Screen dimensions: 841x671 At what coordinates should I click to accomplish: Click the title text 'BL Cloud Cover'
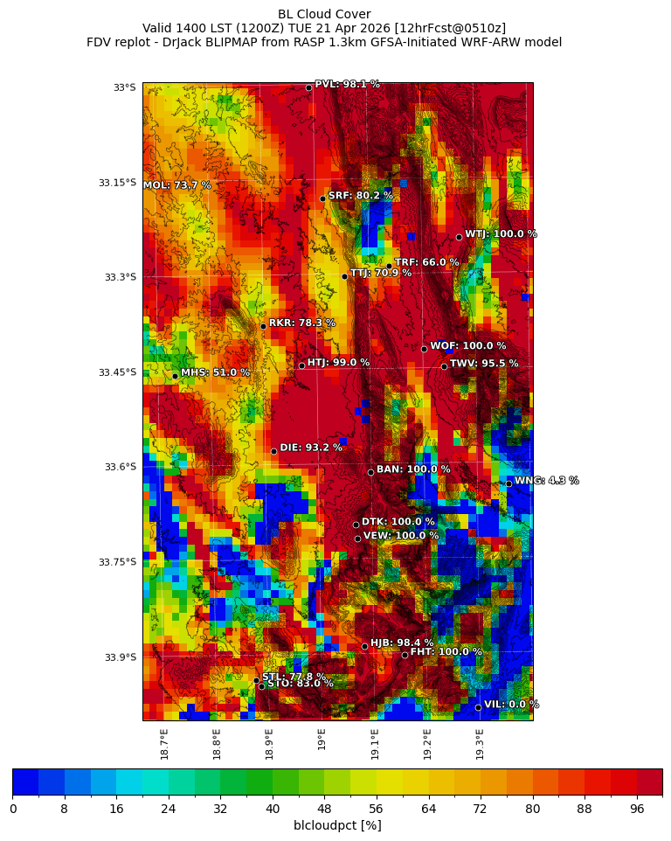click(x=324, y=14)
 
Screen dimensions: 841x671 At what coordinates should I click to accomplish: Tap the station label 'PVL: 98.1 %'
click(x=347, y=85)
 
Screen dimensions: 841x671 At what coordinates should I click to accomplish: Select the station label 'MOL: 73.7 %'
click(x=176, y=185)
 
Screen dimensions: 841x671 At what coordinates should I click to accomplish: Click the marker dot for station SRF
click(x=322, y=198)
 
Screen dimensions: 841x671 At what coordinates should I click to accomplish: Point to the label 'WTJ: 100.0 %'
click(x=501, y=234)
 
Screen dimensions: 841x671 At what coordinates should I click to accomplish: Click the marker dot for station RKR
click(x=263, y=326)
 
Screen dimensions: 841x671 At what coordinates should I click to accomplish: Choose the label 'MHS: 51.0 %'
click(x=215, y=372)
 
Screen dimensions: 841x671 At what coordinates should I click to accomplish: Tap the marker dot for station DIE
click(x=273, y=451)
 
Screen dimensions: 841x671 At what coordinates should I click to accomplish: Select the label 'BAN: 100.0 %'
click(x=413, y=469)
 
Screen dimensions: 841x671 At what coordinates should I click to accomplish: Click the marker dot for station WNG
click(x=508, y=483)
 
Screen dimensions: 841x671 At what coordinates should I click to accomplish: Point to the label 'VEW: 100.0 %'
click(x=401, y=536)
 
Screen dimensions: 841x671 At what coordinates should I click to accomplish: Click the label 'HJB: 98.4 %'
click(x=402, y=643)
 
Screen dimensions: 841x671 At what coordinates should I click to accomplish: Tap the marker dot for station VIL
click(x=478, y=707)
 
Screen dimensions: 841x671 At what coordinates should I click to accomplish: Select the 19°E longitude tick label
click(x=322, y=739)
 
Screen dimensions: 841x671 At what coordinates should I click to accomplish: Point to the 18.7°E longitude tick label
click(x=164, y=744)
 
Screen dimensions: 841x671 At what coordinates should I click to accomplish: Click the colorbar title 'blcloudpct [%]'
click(x=337, y=825)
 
